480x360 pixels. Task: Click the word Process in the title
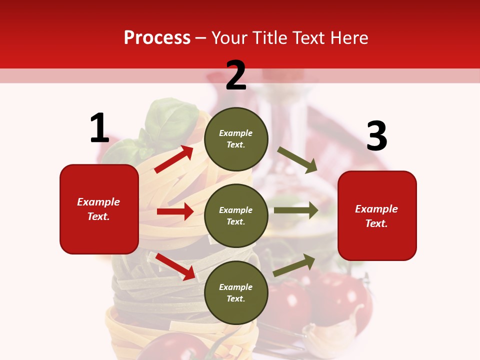[x=157, y=38]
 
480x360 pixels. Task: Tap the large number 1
[x=99, y=128]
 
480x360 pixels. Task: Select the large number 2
[x=236, y=75]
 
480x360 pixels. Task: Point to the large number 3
[x=376, y=136]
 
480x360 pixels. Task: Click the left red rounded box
[x=99, y=209]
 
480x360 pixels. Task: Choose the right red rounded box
[x=377, y=215]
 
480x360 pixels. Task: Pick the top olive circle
[x=236, y=139]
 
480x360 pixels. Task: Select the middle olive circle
[x=236, y=215]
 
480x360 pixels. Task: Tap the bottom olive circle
[x=236, y=292]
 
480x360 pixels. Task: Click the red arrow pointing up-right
[x=174, y=159]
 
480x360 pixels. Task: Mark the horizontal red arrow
[x=175, y=211]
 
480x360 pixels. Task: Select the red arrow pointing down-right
[x=175, y=266]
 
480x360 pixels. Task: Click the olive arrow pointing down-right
[x=297, y=159]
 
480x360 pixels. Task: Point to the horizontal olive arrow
[x=295, y=210]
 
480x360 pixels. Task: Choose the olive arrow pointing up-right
[x=294, y=265]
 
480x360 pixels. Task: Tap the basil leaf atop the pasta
[x=170, y=120]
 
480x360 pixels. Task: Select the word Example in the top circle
[x=236, y=133]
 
